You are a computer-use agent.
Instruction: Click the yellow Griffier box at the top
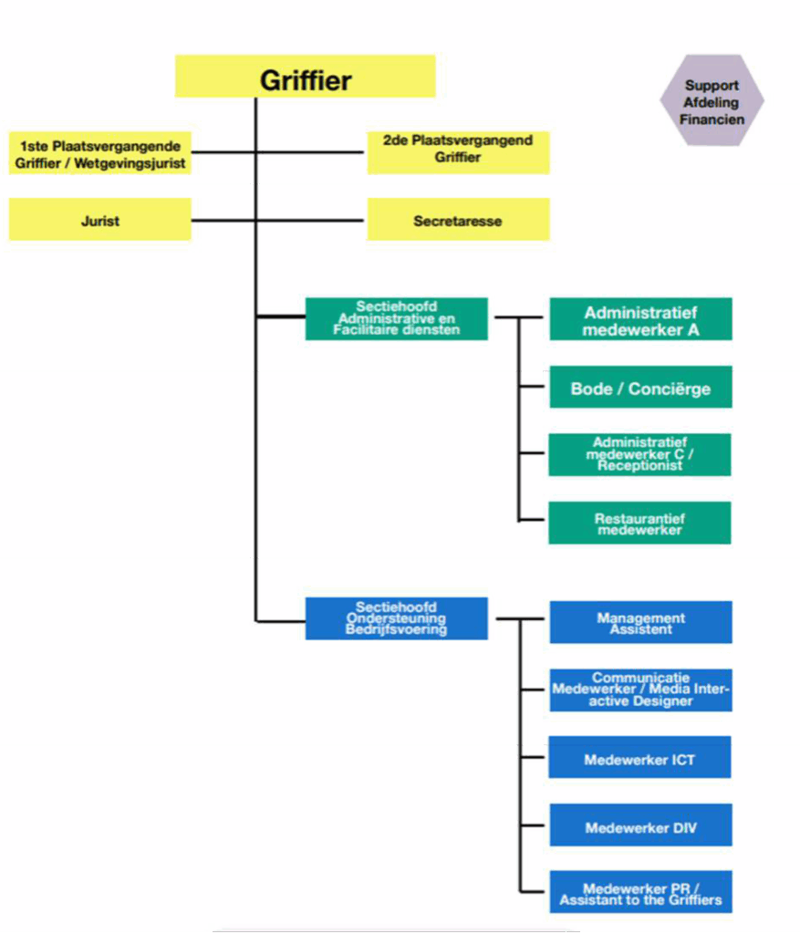(305, 77)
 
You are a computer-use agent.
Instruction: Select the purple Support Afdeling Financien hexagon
(712, 100)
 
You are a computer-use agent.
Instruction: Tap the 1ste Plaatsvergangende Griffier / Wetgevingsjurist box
(99, 153)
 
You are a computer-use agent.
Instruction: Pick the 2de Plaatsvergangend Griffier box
(458, 151)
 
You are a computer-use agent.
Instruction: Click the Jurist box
(99, 220)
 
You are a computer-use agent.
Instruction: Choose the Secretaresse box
(458, 220)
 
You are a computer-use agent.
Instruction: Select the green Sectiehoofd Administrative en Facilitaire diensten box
(396, 318)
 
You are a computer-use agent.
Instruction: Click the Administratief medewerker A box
(640, 320)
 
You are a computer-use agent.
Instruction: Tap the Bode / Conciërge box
(640, 389)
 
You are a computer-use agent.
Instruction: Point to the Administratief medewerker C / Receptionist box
(639, 454)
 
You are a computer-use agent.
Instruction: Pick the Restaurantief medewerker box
(639, 524)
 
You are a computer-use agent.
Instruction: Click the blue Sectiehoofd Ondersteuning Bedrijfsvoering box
(396, 617)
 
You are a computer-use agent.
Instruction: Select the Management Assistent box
(640, 623)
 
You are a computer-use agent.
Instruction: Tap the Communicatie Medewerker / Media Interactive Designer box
(640, 690)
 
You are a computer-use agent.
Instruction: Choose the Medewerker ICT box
(639, 759)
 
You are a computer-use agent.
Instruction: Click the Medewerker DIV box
(640, 827)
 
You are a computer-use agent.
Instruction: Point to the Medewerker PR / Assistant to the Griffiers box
(640, 894)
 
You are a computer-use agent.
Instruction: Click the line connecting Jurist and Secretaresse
(310, 220)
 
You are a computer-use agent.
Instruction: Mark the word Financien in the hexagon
(712, 119)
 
